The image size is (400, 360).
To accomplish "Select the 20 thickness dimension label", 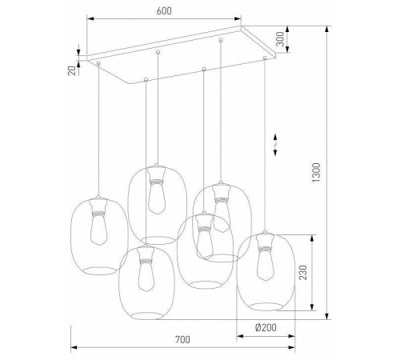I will (72, 70).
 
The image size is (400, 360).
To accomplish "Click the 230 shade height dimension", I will (302, 272).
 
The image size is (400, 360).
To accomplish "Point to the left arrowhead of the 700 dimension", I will (74, 348).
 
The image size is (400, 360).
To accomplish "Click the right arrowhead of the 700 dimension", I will (294, 348).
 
